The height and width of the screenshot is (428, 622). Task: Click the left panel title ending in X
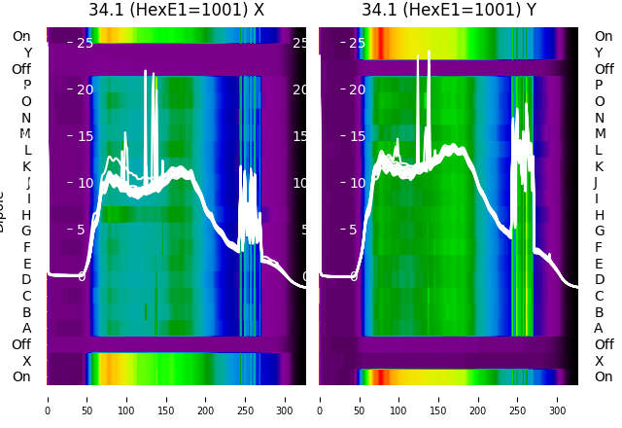tap(176, 10)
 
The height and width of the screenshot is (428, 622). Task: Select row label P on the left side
tap(26, 86)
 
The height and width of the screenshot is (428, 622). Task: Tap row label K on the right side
tap(599, 166)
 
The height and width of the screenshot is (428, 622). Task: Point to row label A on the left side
tap(26, 329)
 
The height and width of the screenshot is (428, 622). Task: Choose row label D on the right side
tap(599, 280)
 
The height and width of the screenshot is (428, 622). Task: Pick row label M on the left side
tap(25, 134)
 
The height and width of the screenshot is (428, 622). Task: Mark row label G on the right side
tap(599, 232)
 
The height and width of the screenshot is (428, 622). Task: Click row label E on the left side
tap(26, 264)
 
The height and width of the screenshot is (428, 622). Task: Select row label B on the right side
tap(599, 312)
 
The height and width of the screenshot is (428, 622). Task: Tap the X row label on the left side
tap(26, 361)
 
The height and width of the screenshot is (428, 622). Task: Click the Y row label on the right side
tap(599, 53)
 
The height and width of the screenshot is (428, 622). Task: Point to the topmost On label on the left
tap(21, 37)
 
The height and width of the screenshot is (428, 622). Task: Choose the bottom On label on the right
tap(604, 377)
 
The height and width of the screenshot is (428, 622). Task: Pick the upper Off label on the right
tap(604, 69)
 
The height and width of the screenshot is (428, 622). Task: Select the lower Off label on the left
tap(21, 344)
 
